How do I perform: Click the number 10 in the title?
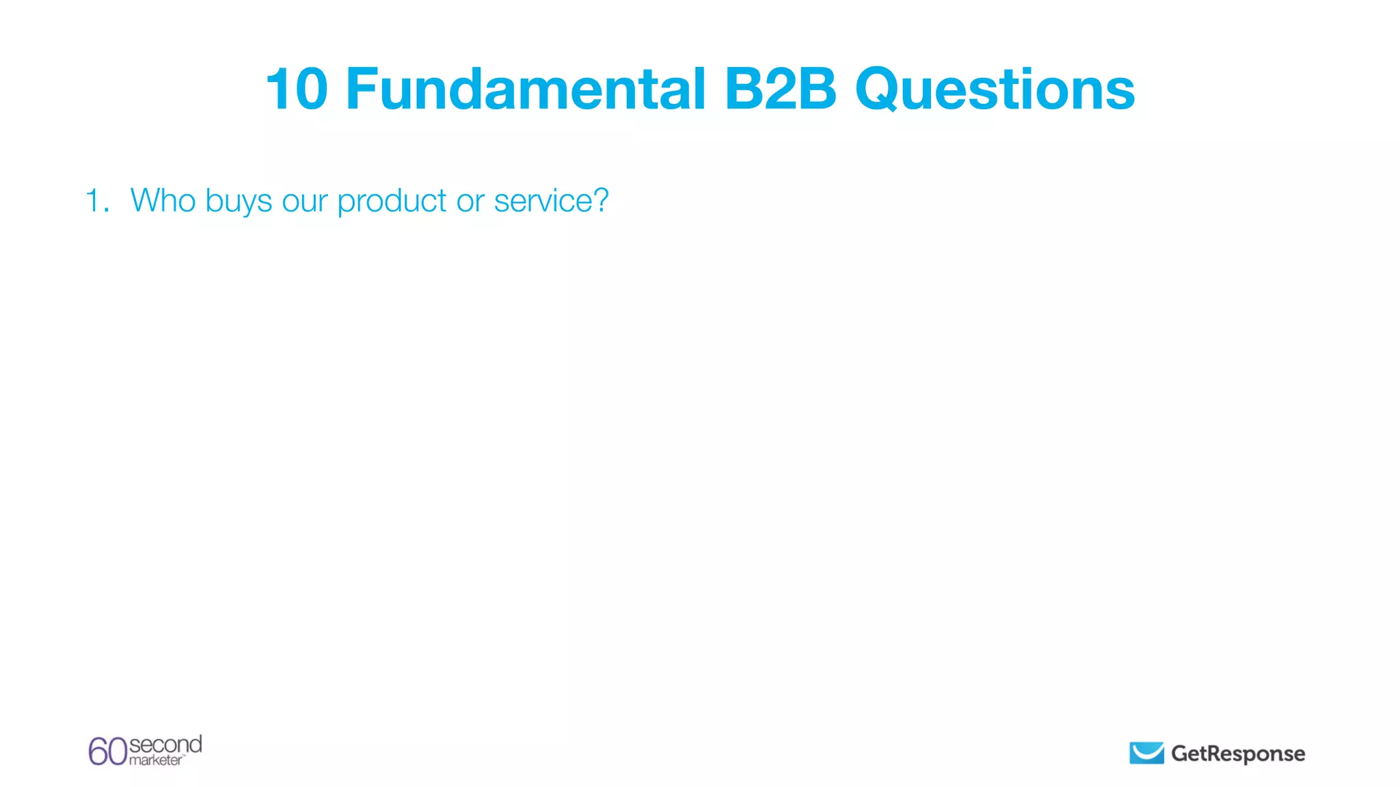pyautogui.click(x=297, y=89)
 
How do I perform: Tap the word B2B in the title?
pyautogui.click(x=780, y=89)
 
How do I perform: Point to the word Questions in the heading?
pyautogui.click(x=995, y=90)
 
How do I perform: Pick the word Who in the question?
pyautogui.click(x=163, y=201)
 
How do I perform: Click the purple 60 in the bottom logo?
pyautogui.click(x=107, y=751)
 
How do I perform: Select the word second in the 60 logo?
pyautogui.click(x=165, y=744)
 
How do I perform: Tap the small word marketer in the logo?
pyautogui.click(x=156, y=760)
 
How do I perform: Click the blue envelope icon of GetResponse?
pyautogui.click(x=1146, y=753)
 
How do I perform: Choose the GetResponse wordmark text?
pyautogui.click(x=1238, y=754)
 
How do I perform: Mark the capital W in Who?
pyautogui.click(x=146, y=201)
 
